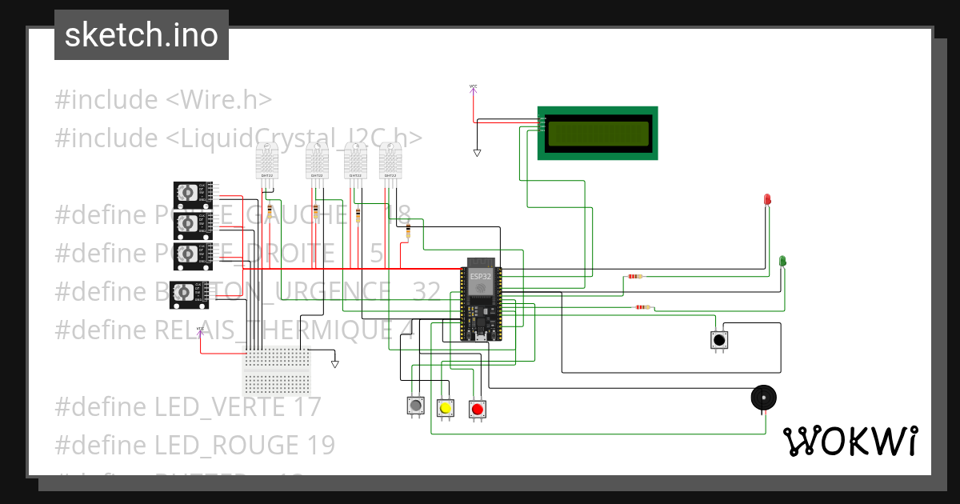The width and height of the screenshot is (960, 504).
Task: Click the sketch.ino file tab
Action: click(142, 35)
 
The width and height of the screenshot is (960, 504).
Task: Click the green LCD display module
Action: click(597, 133)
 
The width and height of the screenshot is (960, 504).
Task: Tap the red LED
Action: click(767, 198)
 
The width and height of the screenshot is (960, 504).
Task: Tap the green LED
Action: click(782, 261)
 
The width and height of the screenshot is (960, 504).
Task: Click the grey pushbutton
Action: click(415, 406)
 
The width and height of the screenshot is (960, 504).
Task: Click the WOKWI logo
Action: click(850, 442)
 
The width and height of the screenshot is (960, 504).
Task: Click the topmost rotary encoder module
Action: click(192, 192)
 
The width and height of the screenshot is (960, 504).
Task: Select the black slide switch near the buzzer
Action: click(719, 340)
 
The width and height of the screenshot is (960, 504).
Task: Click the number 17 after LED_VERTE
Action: click(306, 406)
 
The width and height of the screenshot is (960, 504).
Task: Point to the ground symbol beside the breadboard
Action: click(334, 364)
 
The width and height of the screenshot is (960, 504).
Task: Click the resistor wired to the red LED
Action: click(634, 277)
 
